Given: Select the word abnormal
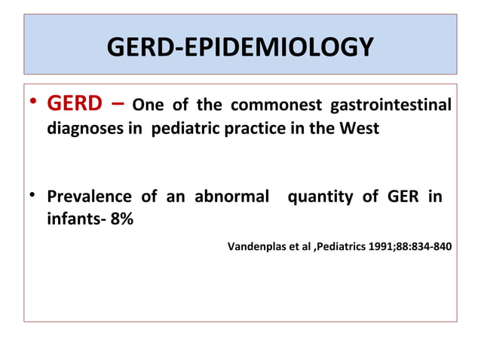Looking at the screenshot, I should point(232,199).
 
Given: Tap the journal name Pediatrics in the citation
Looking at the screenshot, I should point(345,246).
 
